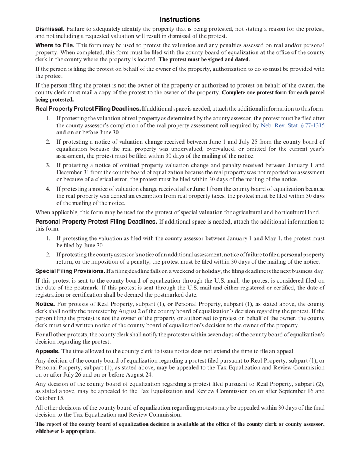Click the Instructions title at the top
click(x=180, y=19)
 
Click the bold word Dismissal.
click(x=50, y=29)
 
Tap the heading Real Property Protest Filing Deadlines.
click(x=88, y=109)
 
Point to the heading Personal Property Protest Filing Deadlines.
click(x=96, y=222)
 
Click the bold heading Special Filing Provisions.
click(x=70, y=271)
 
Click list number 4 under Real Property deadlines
click(x=48, y=189)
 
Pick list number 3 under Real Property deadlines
click(x=48, y=165)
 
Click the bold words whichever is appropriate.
click(x=65, y=431)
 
